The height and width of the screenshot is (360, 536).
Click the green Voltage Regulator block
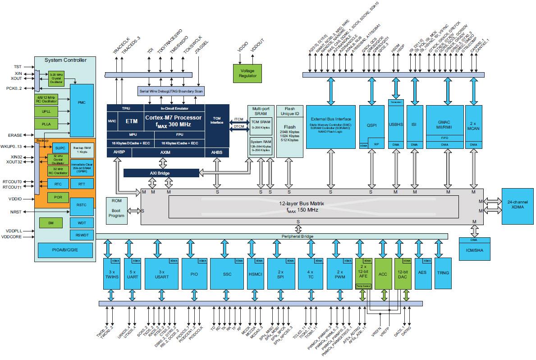[247, 73]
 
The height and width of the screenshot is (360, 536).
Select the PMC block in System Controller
[82, 102]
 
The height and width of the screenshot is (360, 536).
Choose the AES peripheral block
[422, 272]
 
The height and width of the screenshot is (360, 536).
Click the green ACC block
[383, 273]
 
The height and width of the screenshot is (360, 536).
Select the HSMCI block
[255, 273]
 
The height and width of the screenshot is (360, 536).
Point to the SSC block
[227, 273]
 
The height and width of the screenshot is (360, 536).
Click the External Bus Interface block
[330, 126]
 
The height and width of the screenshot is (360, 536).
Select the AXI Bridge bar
[161, 173]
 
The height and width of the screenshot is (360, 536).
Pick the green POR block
[57, 198]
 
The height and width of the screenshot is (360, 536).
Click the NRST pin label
[15, 211]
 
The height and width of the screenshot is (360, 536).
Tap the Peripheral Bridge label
[298, 236]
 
